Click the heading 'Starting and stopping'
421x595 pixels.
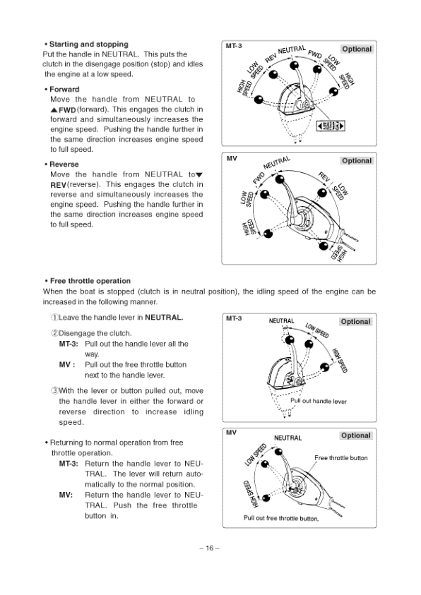(x=89, y=44)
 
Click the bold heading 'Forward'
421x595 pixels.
(x=64, y=89)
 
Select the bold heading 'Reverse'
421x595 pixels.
(x=64, y=164)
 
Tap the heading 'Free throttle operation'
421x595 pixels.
(x=90, y=281)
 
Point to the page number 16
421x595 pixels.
(x=210, y=548)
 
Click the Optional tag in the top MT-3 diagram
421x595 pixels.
(x=357, y=49)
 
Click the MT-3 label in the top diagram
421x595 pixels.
(x=234, y=46)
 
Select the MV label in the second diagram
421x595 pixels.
(x=232, y=158)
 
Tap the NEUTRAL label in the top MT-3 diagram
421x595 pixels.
(x=292, y=49)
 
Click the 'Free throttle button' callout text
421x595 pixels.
(x=341, y=458)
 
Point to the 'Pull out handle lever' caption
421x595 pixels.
(x=319, y=401)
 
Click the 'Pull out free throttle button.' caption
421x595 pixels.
(x=281, y=518)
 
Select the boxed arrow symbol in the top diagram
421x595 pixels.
(x=331, y=126)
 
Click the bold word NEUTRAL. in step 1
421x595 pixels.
(x=164, y=318)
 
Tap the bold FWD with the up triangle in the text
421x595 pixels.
(x=64, y=110)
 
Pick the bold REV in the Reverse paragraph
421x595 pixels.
(x=59, y=185)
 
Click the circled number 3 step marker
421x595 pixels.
(x=54, y=390)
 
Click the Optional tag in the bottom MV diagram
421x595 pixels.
(x=356, y=435)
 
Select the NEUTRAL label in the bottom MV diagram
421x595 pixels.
(x=287, y=438)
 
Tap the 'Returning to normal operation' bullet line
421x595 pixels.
(x=114, y=447)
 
